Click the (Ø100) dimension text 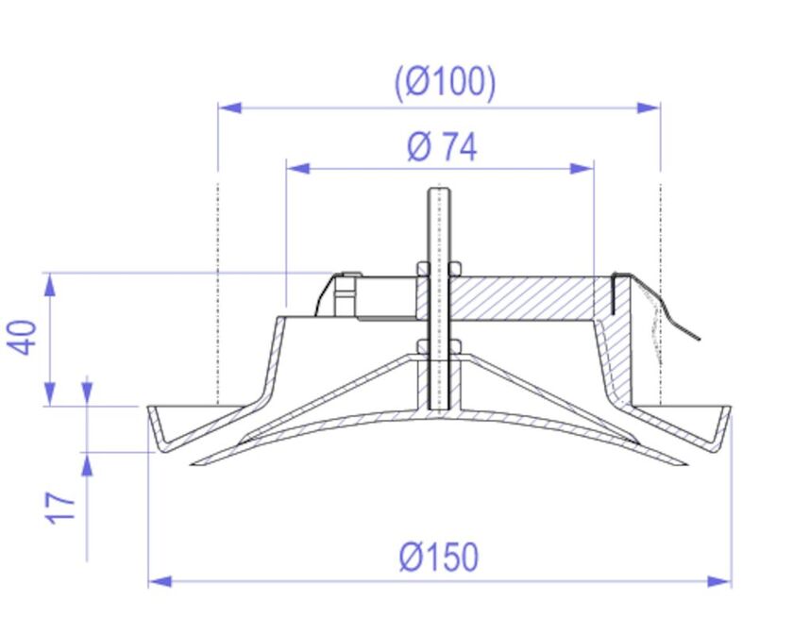(445, 83)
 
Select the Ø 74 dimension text (442, 147)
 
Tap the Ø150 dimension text (439, 558)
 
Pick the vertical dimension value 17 (62, 508)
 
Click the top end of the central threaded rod (439, 192)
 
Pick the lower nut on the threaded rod (439, 346)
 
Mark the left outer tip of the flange (149, 408)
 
